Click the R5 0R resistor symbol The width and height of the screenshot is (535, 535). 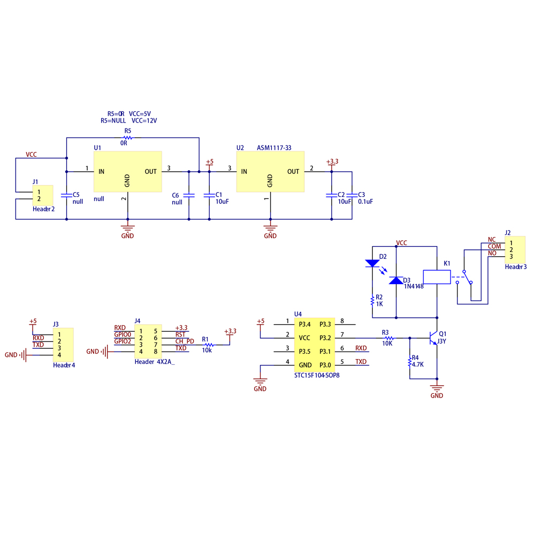pyautogui.click(x=128, y=137)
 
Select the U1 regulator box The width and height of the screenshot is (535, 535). pyautogui.click(x=128, y=172)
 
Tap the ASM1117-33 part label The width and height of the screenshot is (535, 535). pyautogui.click(x=274, y=148)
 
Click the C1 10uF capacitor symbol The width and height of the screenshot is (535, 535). pyautogui.click(x=209, y=195)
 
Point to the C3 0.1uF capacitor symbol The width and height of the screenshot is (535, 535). pyautogui.click(x=352, y=195)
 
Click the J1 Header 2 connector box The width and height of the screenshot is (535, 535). pyautogui.click(x=43, y=195)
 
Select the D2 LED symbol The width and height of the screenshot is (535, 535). pyautogui.click(x=372, y=263)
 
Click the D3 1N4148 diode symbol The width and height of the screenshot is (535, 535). pyautogui.click(x=396, y=280)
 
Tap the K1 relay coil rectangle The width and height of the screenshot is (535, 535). pyautogui.click(x=437, y=277)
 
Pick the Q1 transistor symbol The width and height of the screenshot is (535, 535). pyautogui.click(x=434, y=338)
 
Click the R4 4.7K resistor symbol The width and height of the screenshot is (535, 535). pyautogui.click(x=410, y=362)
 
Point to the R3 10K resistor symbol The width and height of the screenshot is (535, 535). pyautogui.click(x=389, y=338)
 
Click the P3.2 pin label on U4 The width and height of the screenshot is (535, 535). pyautogui.click(x=325, y=338)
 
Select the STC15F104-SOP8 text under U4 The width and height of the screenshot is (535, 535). pyautogui.click(x=317, y=376)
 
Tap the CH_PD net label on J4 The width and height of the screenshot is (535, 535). pyautogui.click(x=185, y=341)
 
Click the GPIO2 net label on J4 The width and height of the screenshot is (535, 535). pyautogui.click(x=123, y=341)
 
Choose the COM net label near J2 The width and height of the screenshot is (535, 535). pyautogui.click(x=494, y=246)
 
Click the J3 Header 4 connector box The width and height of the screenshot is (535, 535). pyautogui.click(x=63, y=345)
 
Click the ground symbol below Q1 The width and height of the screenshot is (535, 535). pyautogui.click(x=437, y=389)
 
